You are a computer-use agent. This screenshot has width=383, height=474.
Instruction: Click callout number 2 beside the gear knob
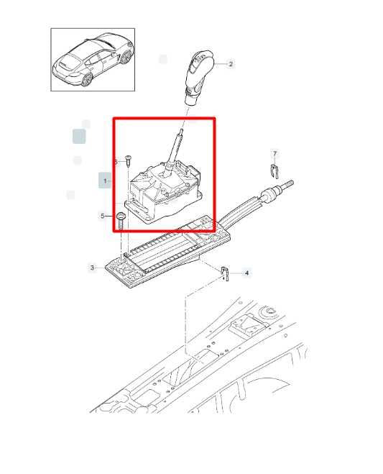[x=231, y=64]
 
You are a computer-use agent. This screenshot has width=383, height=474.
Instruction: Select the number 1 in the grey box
[x=105, y=181]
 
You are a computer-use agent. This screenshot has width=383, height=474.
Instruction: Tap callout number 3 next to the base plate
[x=92, y=268]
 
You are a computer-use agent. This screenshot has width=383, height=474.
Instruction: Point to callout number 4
[x=246, y=273]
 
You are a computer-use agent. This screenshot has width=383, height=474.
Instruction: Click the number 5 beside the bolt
[x=103, y=217]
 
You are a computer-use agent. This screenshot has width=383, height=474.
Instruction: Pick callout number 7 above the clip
[x=274, y=154]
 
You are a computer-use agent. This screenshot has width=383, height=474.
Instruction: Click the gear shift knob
[x=199, y=76]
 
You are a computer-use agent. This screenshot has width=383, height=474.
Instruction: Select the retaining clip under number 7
[x=274, y=171]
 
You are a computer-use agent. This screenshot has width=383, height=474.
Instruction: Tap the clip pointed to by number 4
[x=224, y=273]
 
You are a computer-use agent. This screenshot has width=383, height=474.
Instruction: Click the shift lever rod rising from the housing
[x=175, y=147]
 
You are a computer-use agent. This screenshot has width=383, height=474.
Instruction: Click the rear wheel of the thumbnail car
[x=87, y=80]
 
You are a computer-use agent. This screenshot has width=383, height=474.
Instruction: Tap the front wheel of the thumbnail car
[x=125, y=57]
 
